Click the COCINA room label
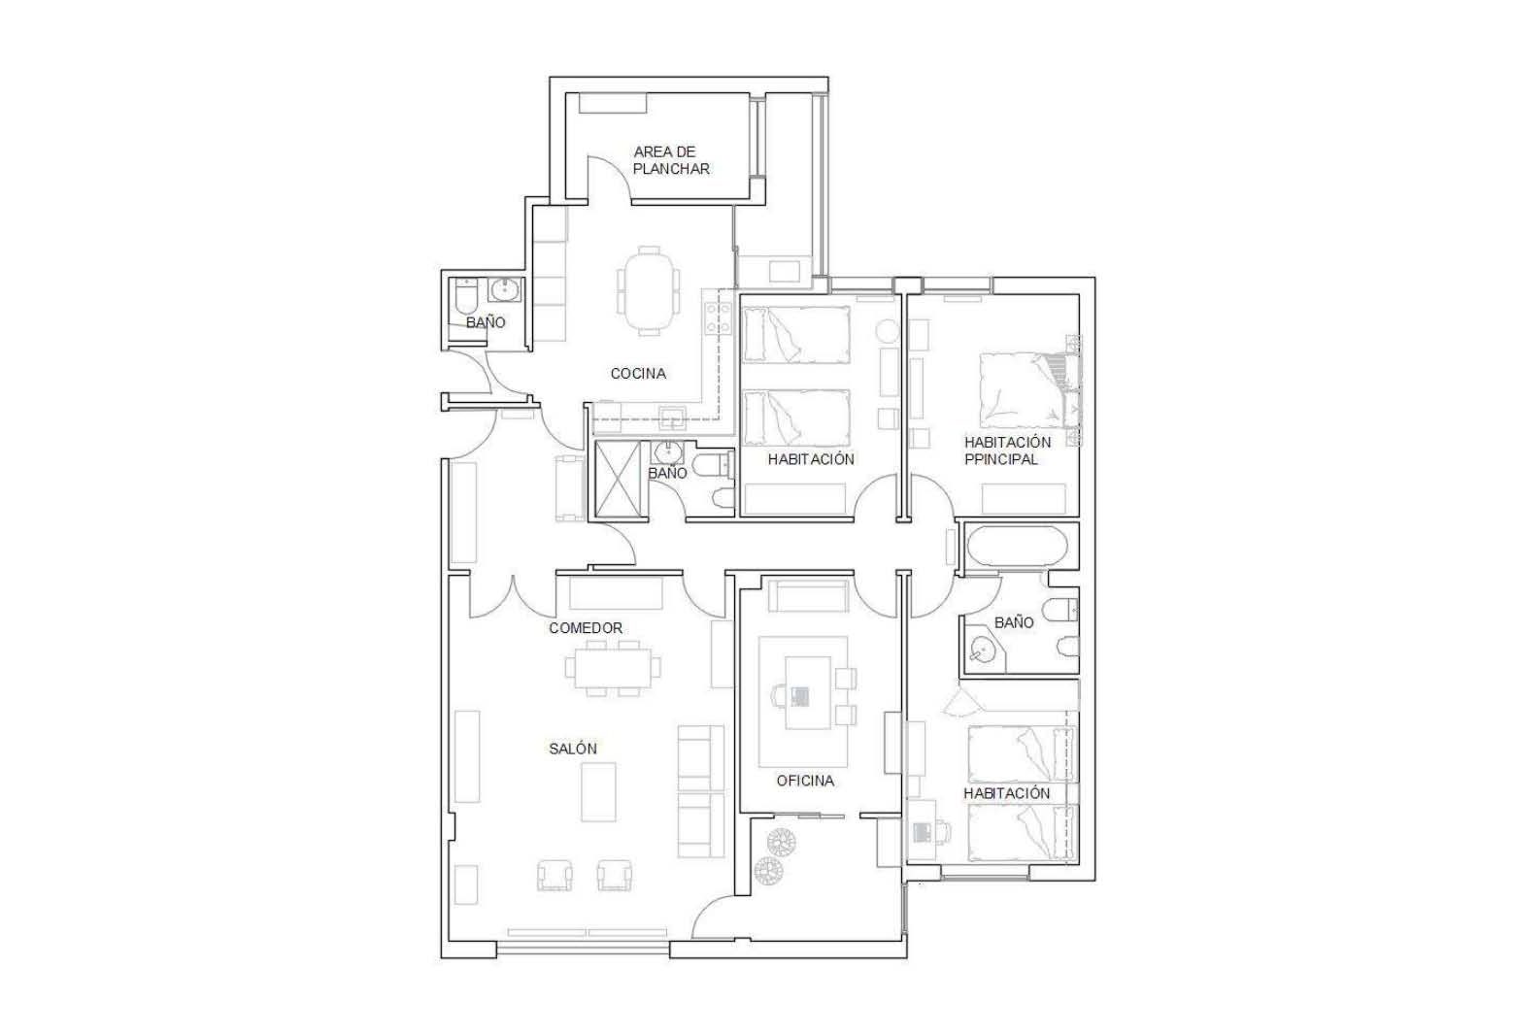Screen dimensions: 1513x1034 tap(638, 374)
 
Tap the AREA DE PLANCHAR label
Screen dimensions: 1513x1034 tap(671, 161)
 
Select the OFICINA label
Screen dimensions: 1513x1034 tap(805, 782)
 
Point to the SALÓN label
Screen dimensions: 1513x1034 tap(573, 749)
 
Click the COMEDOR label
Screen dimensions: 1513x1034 tap(586, 628)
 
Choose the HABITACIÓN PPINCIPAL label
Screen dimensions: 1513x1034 tap(1007, 451)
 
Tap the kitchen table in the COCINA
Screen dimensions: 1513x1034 tap(649, 289)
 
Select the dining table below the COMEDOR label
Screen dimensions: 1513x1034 tap(614, 669)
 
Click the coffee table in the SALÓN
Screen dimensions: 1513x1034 tap(598, 791)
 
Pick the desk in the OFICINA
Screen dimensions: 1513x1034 tap(808, 693)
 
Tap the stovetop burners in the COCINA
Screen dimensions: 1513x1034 tap(718, 318)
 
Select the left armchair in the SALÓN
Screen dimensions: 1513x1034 tap(555, 875)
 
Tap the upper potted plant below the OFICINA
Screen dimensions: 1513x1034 tap(781, 842)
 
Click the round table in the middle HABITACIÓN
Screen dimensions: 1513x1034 tap(887, 332)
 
